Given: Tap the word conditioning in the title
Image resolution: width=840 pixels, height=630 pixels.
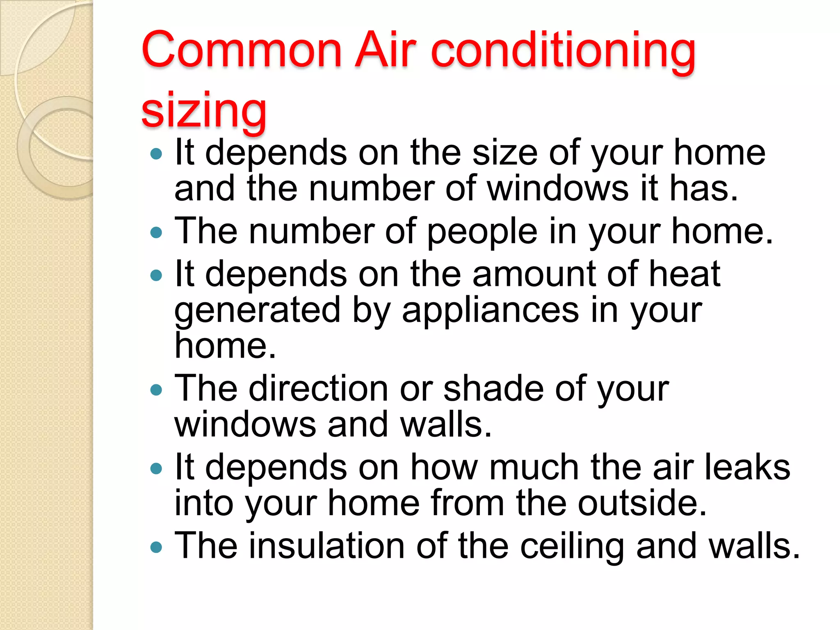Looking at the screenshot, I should [x=564, y=52].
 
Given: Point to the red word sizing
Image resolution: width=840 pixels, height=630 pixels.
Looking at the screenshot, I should [x=204, y=110].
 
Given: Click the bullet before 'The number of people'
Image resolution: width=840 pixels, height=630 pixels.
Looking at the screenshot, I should [x=156, y=233].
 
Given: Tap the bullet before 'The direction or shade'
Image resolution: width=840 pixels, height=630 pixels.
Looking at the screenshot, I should [x=156, y=389].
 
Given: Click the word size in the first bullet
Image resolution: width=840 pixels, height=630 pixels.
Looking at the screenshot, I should [x=505, y=153].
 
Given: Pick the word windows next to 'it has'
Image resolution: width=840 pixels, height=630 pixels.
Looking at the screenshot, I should [x=558, y=189].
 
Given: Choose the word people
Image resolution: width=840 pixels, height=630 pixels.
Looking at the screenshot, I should [x=482, y=232].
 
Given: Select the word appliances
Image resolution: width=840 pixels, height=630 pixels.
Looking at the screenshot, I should [x=490, y=311].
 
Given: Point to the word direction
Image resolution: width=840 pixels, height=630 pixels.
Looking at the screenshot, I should [x=318, y=388].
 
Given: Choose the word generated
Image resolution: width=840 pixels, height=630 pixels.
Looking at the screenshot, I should [x=258, y=311].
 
